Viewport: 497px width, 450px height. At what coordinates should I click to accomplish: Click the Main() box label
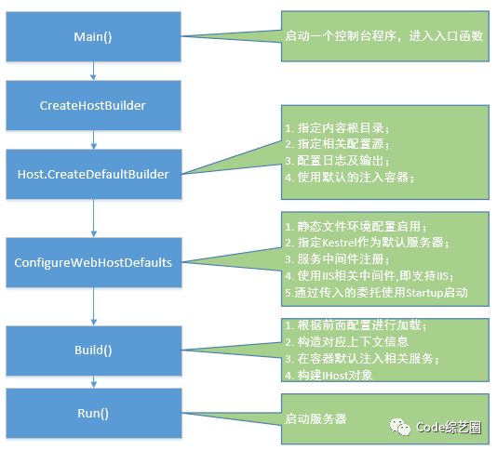[x=93, y=37]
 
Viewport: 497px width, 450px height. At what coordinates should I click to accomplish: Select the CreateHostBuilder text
[x=93, y=105]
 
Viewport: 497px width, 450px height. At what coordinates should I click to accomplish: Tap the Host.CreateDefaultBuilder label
[x=93, y=174]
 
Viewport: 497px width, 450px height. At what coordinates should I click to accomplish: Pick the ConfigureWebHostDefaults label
[x=93, y=262]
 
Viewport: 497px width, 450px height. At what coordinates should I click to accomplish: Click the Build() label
[x=93, y=351]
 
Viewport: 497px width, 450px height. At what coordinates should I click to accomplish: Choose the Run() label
[x=93, y=413]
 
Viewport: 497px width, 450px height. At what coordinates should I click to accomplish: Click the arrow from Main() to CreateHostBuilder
[x=93, y=71]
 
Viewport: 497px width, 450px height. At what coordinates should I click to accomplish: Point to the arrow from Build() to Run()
[x=93, y=382]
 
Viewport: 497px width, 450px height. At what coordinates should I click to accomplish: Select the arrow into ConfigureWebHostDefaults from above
[x=93, y=218]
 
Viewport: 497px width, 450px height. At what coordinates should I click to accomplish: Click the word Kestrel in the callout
[x=340, y=243]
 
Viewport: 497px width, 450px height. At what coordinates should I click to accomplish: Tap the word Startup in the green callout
[x=424, y=293]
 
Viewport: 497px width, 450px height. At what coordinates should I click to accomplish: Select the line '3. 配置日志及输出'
[x=337, y=161]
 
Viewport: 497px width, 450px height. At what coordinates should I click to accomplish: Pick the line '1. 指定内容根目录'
[x=337, y=128]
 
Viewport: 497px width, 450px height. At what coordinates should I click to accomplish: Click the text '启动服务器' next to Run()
[x=316, y=419]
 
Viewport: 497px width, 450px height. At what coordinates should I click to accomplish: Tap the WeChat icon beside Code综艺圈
[x=400, y=427]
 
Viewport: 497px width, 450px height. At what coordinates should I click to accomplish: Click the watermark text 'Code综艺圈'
[x=449, y=428]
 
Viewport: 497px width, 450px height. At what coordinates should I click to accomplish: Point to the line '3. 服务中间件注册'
[x=337, y=259]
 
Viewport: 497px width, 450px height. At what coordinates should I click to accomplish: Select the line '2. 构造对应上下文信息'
[x=346, y=342]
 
